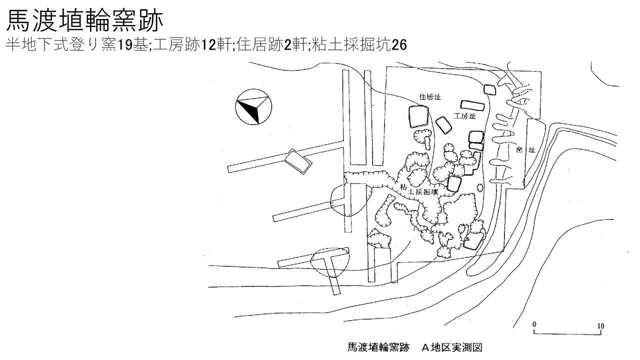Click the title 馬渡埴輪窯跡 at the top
tap(84, 21)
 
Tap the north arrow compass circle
tap(253, 106)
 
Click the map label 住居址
tap(429, 96)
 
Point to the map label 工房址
tap(464, 116)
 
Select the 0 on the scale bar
tap(534, 325)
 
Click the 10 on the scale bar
tap(600, 326)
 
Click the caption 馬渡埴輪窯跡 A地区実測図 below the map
tap(414, 347)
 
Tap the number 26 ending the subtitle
tap(399, 45)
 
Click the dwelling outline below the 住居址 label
tap(418, 117)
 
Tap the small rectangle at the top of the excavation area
tap(489, 89)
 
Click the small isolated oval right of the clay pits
tap(480, 188)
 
